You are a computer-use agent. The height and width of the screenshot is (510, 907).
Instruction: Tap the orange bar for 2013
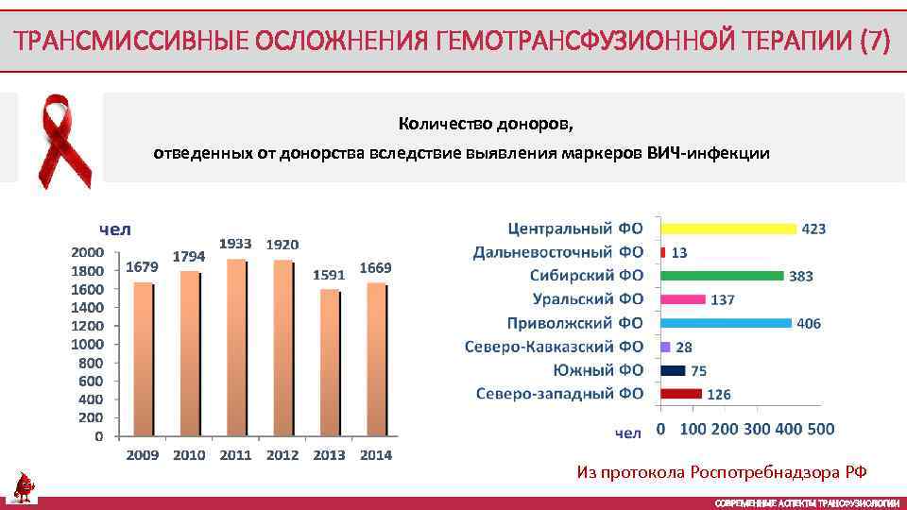coord(328,363)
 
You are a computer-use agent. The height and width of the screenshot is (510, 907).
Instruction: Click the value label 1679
coord(142,267)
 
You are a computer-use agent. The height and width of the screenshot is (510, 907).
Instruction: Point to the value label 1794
coord(189,256)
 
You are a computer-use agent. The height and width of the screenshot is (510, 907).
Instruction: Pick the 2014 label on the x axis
coord(375,455)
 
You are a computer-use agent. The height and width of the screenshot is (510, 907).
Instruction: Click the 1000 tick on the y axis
coord(88,344)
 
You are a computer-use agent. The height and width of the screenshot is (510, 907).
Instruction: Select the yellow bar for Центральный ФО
coord(727,229)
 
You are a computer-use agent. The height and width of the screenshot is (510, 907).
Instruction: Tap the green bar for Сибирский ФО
coord(722,276)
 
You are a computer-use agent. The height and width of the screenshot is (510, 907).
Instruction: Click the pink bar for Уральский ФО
coord(683,299)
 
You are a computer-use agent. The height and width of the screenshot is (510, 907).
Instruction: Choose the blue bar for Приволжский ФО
coord(726,323)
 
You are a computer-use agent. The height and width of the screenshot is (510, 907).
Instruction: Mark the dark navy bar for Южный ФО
coord(674,370)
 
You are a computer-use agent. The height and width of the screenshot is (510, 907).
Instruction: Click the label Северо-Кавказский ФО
coord(554,347)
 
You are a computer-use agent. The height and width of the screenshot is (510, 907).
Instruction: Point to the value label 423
coord(813,229)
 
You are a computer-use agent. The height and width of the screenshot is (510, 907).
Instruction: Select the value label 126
coord(719,394)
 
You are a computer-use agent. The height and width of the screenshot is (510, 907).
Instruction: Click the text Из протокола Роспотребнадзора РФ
coord(722,472)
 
